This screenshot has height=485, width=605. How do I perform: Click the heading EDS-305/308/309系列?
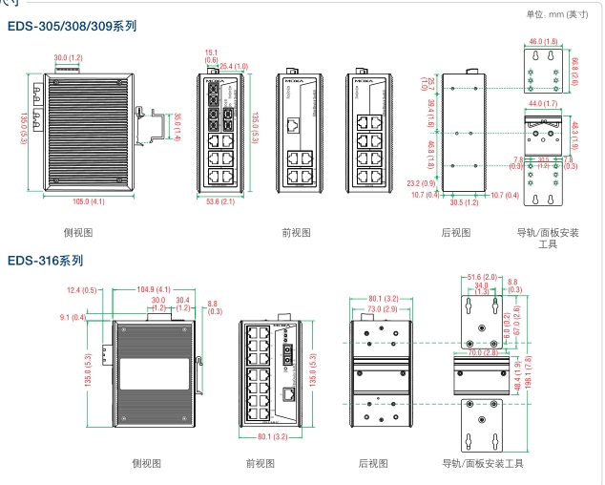pyautogui.click(x=73, y=27)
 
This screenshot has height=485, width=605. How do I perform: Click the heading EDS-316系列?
pyautogui.click(x=46, y=259)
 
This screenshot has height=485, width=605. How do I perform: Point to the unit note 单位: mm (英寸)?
pyautogui.click(x=558, y=13)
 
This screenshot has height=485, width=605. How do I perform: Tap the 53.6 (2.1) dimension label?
pyautogui.click(x=220, y=201)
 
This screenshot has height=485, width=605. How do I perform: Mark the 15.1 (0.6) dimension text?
pyautogui.click(x=211, y=56)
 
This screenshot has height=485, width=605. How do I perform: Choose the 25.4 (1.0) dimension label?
pyautogui.click(x=234, y=66)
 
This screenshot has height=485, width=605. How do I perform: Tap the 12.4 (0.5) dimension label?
pyautogui.click(x=81, y=289)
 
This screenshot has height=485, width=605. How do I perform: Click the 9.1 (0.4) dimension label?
pyautogui.click(x=73, y=317)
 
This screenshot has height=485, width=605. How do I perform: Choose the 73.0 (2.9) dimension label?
pyautogui.click(x=381, y=309)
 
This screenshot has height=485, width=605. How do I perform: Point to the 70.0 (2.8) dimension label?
pyautogui.click(x=482, y=352)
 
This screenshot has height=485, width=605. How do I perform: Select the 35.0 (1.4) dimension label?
pyautogui.click(x=177, y=124)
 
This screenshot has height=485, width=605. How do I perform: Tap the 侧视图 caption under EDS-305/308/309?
pyautogui.click(x=78, y=232)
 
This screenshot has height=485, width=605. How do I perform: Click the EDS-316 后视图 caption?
pyautogui.click(x=372, y=463)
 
